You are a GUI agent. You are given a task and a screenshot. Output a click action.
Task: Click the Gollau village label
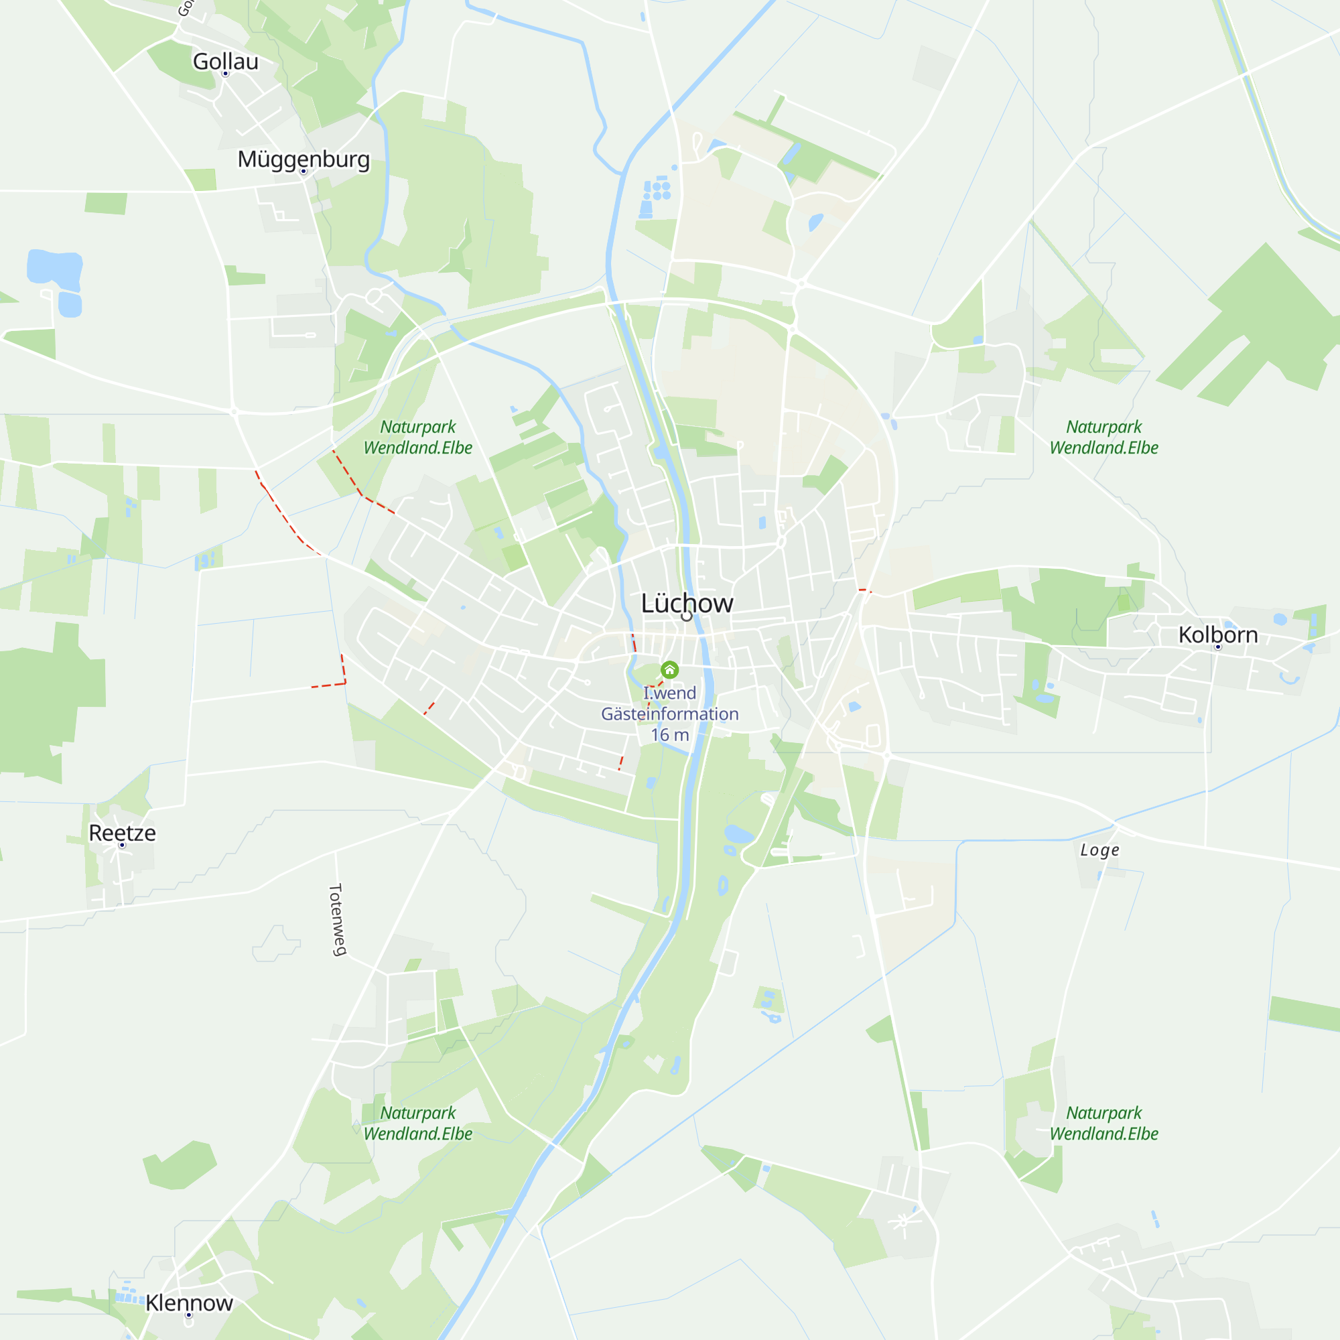pos(225,61)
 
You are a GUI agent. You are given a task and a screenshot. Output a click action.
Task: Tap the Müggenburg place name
pos(303,159)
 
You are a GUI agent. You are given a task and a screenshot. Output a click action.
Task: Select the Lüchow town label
pos(687,603)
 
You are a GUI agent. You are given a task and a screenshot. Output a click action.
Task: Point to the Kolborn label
pos(1218,634)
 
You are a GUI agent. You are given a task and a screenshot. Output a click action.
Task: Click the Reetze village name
pos(122,833)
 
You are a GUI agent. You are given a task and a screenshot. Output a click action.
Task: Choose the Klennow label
pos(189,1303)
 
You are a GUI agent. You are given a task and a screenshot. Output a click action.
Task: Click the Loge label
pos(1099,850)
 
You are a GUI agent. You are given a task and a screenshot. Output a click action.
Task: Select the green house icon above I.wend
pos(669,670)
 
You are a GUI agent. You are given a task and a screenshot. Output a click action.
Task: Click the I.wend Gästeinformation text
pos(669,703)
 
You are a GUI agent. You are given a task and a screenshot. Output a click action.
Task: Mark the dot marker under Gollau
pos(225,74)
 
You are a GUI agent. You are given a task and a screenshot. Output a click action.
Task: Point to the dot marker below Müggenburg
pos(303,172)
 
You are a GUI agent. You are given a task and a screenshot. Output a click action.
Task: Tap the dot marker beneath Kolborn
pos(1218,647)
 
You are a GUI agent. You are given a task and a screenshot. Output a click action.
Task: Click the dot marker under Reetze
pos(122,846)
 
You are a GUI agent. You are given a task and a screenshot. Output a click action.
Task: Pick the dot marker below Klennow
pos(189,1315)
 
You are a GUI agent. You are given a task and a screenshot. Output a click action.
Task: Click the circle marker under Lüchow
pos(687,616)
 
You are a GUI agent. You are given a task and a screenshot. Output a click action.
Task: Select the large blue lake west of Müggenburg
pos(54,267)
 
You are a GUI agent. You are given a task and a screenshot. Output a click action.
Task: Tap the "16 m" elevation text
pos(669,735)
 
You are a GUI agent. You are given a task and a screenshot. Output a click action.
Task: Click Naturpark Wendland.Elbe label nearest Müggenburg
pos(417,437)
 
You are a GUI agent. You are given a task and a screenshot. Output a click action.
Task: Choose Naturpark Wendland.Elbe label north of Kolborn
pos(1103,437)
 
